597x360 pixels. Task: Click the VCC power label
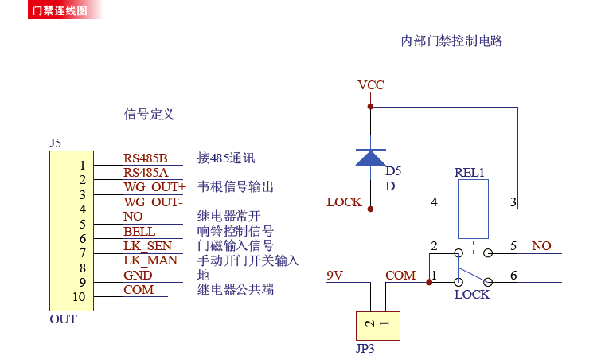[x=371, y=85]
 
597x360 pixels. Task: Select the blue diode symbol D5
[x=371, y=157]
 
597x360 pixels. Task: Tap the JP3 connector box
[x=378, y=325]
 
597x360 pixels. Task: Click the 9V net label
[x=335, y=276]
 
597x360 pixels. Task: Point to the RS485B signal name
[x=146, y=158]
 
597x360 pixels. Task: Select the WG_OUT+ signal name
[x=154, y=187]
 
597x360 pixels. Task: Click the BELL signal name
[x=139, y=232]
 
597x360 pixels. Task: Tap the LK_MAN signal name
[x=150, y=260]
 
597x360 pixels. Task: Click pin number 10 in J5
[x=78, y=297]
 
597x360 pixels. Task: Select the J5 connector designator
[x=55, y=143]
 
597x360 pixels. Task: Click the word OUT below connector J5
[x=63, y=319]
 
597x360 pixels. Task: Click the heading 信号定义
[x=149, y=115]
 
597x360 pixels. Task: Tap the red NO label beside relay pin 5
[x=541, y=246]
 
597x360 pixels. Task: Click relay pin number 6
[x=513, y=276]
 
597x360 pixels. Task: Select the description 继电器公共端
[x=235, y=290]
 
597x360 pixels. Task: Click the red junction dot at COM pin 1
[x=430, y=281]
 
